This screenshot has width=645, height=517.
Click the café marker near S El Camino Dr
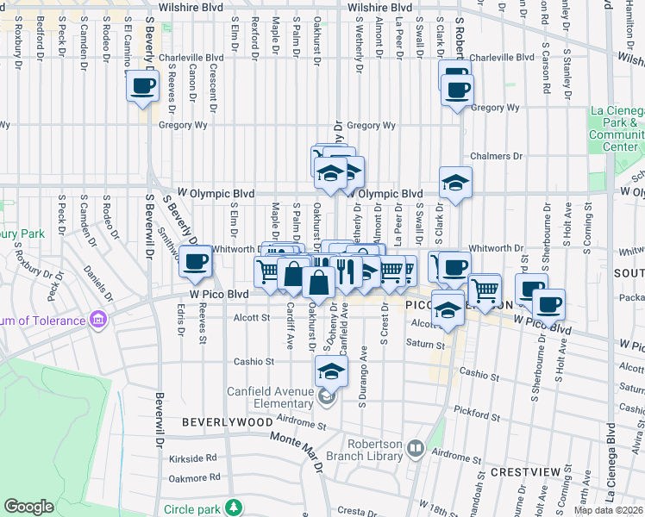143,85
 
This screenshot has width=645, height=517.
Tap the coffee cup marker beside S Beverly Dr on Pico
196,261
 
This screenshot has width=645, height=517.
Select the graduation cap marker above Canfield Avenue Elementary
331,371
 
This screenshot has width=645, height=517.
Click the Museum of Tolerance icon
98,321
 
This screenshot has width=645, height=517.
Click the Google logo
28,507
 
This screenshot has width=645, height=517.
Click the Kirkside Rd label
193,459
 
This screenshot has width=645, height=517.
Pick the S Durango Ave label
363,375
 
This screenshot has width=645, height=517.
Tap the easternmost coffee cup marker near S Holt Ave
548,303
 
